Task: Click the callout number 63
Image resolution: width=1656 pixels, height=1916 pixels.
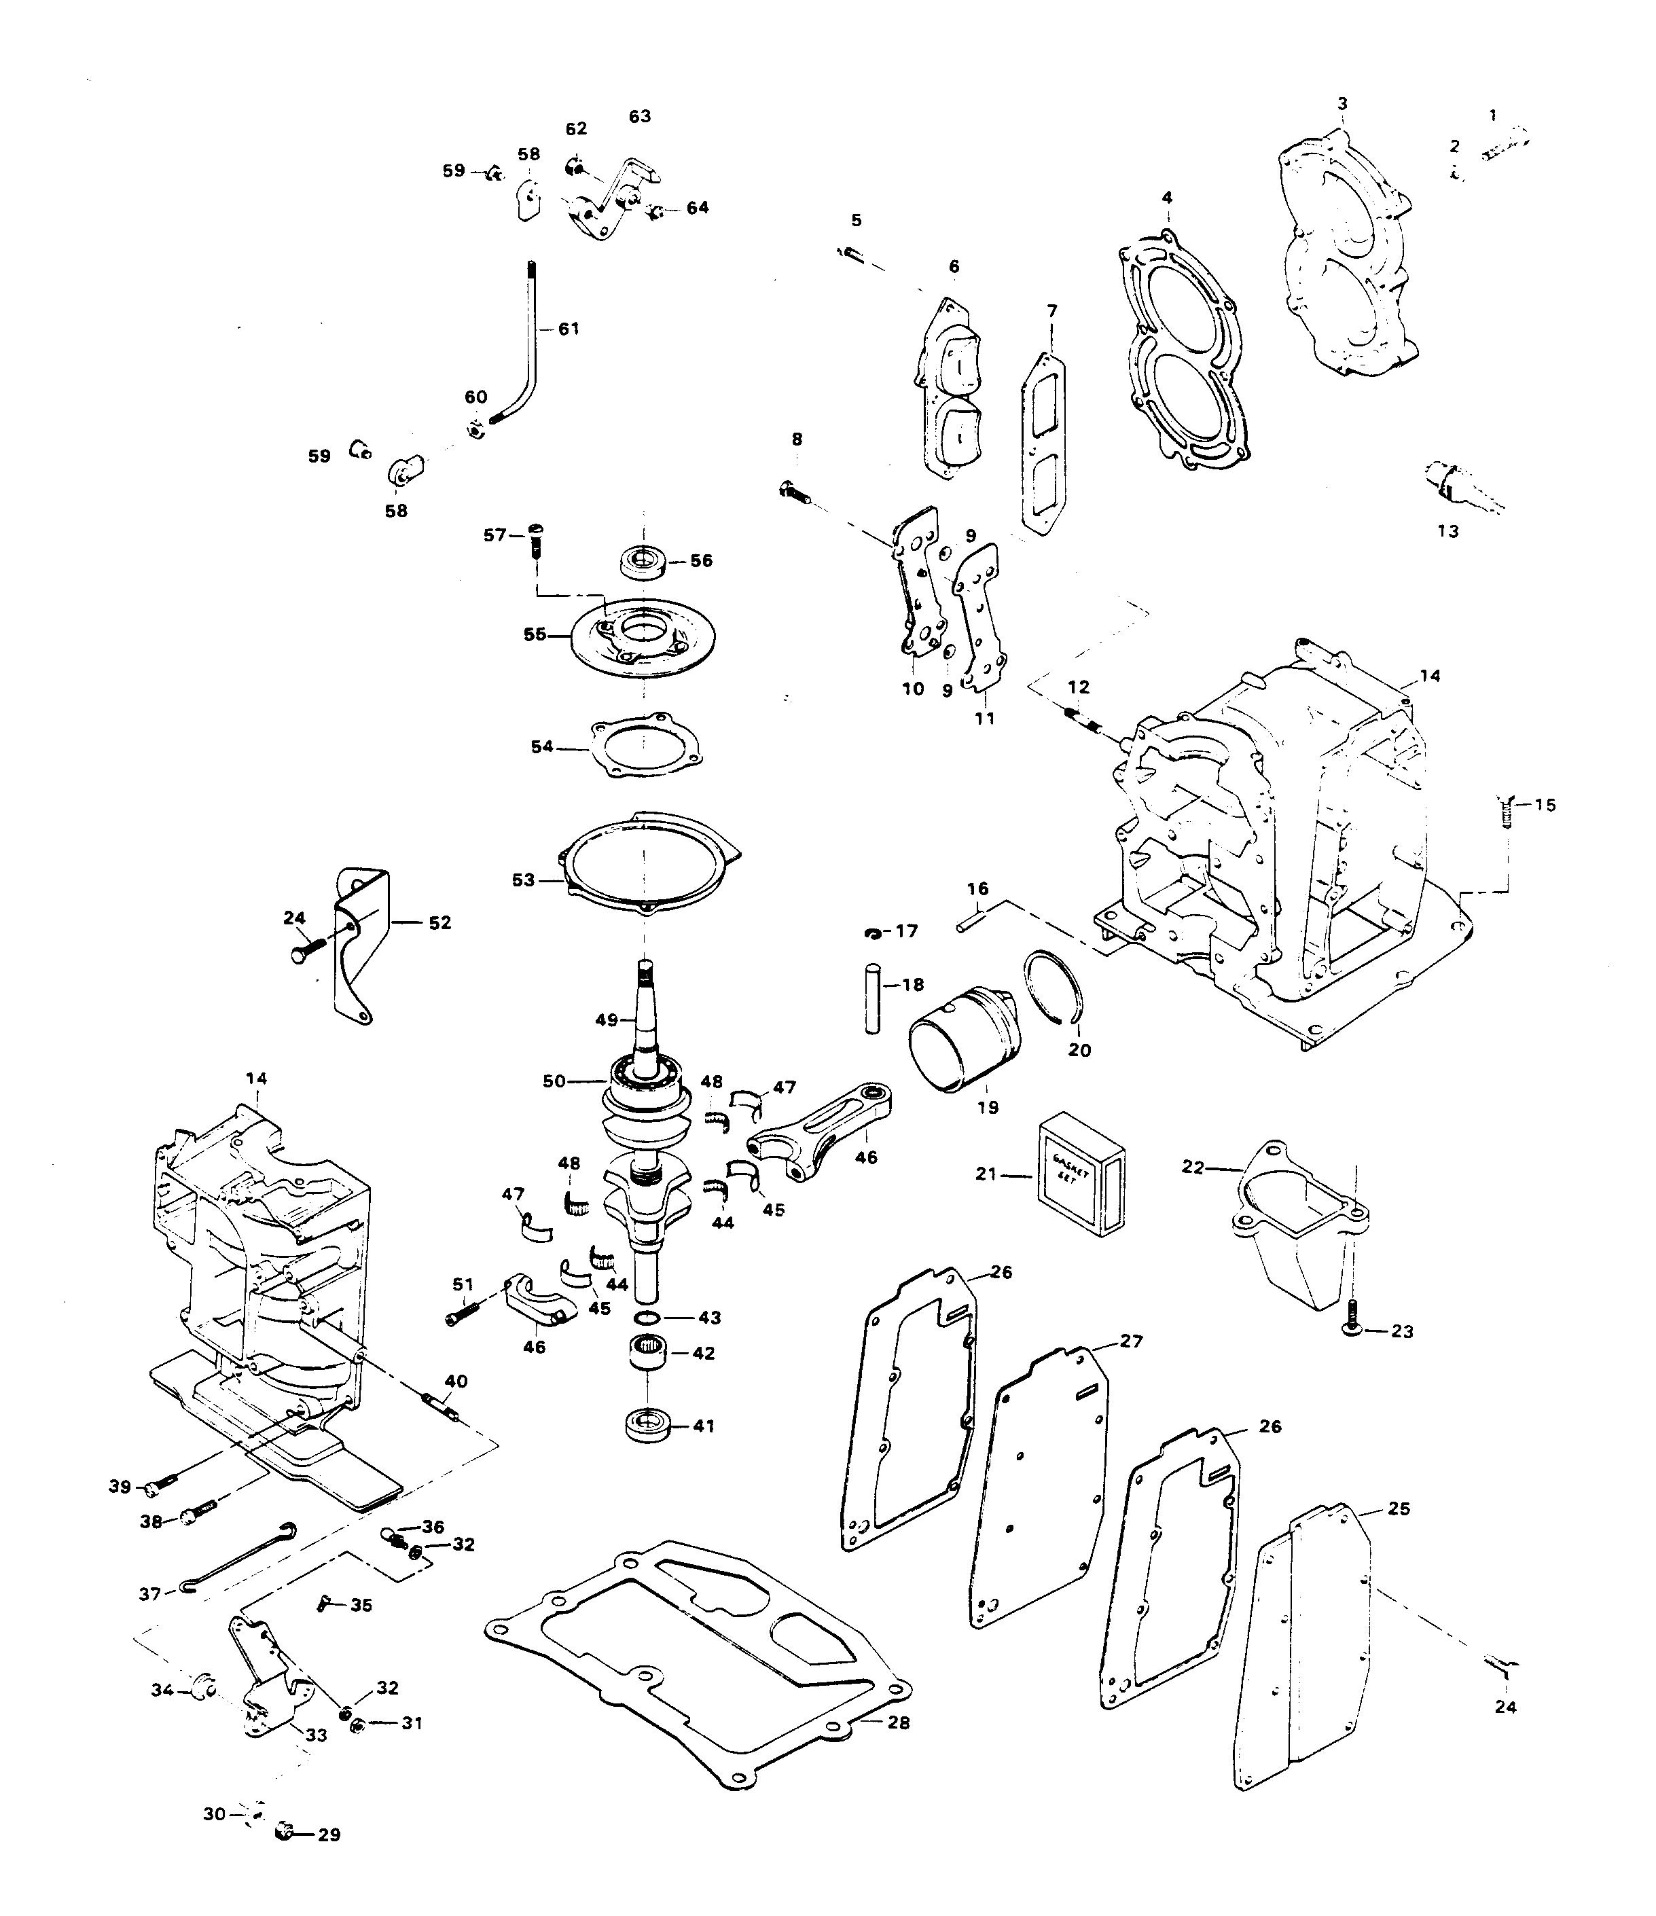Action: point(640,117)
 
